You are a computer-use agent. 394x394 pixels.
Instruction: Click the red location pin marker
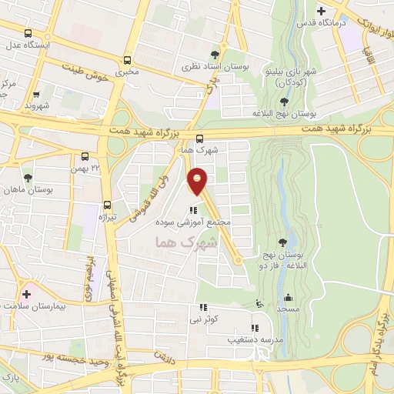click(199, 181)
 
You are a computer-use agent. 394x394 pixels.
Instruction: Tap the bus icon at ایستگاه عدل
click(28, 34)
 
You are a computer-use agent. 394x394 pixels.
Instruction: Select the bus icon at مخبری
click(128, 60)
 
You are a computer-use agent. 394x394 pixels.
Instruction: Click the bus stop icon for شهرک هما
click(199, 139)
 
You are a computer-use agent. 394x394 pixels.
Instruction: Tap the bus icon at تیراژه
click(107, 205)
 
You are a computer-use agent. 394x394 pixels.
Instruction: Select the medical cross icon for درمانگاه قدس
click(322, 12)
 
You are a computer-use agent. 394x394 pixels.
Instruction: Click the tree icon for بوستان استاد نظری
click(215, 54)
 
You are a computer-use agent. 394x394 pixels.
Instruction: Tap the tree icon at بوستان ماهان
click(28, 178)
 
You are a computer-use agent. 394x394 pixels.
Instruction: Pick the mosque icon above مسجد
click(289, 298)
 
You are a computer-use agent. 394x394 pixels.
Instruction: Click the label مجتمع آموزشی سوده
click(199, 222)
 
